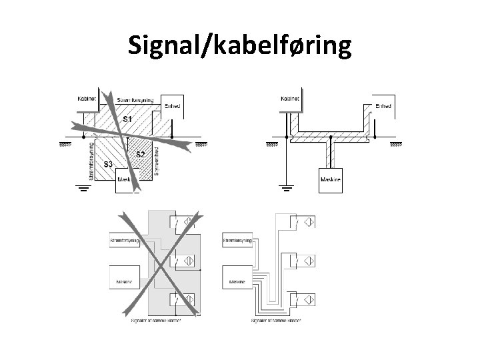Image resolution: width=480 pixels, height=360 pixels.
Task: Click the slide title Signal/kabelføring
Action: coord(240,45)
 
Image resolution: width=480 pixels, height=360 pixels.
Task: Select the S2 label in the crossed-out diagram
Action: coord(141,155)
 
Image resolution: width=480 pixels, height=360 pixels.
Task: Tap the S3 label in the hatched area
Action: coord(107,165)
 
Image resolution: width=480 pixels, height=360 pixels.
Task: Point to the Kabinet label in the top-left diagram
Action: coord(87,98)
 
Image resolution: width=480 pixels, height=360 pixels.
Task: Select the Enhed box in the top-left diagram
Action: coord(171,106)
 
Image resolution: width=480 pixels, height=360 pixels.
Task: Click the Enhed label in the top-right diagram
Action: coord(383,105)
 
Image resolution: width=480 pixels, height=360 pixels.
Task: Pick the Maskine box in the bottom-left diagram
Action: coord(123,281)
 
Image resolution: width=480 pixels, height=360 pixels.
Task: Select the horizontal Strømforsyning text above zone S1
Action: coord(135,101)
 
